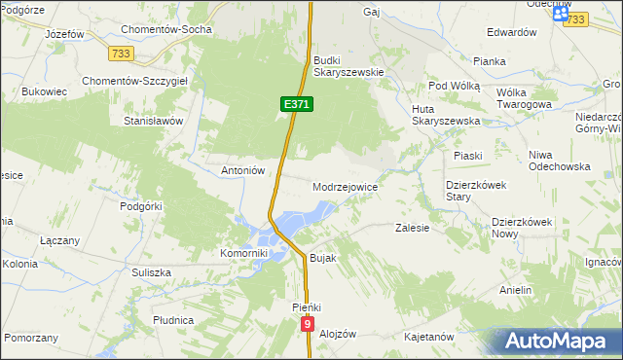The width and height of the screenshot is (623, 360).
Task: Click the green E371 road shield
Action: pyautogui.click(x=298, y=103)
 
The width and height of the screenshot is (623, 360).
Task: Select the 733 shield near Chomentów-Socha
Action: pyautogui.click(x=122, y=53)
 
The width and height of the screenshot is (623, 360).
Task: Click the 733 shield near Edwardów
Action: pyautogui.click(x=576, y=19)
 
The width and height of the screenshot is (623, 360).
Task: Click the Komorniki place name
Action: pyautogui.click(x=243, y=253)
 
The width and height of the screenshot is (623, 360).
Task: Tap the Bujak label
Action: pyautogui.click(x=322, y=258)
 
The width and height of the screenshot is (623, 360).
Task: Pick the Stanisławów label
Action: pyautogui.click(x=153, y=122)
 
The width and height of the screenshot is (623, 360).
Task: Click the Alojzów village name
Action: pyautogui.click(x=338, y=334)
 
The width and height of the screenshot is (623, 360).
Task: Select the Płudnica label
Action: pyautogui.click(x=173, y=319)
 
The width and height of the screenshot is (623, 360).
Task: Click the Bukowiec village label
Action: pyautogui.click(x=43, y=92)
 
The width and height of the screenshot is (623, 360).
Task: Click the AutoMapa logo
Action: pyautogui.click(x=556, y=342)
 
